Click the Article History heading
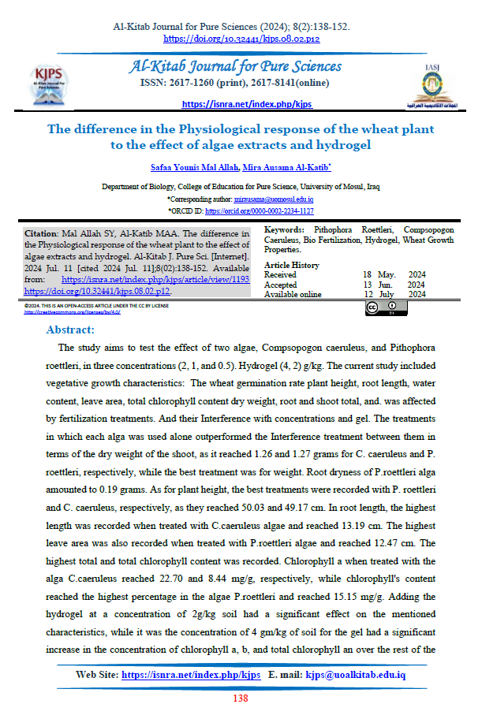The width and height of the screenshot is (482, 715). tap(292, 266)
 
